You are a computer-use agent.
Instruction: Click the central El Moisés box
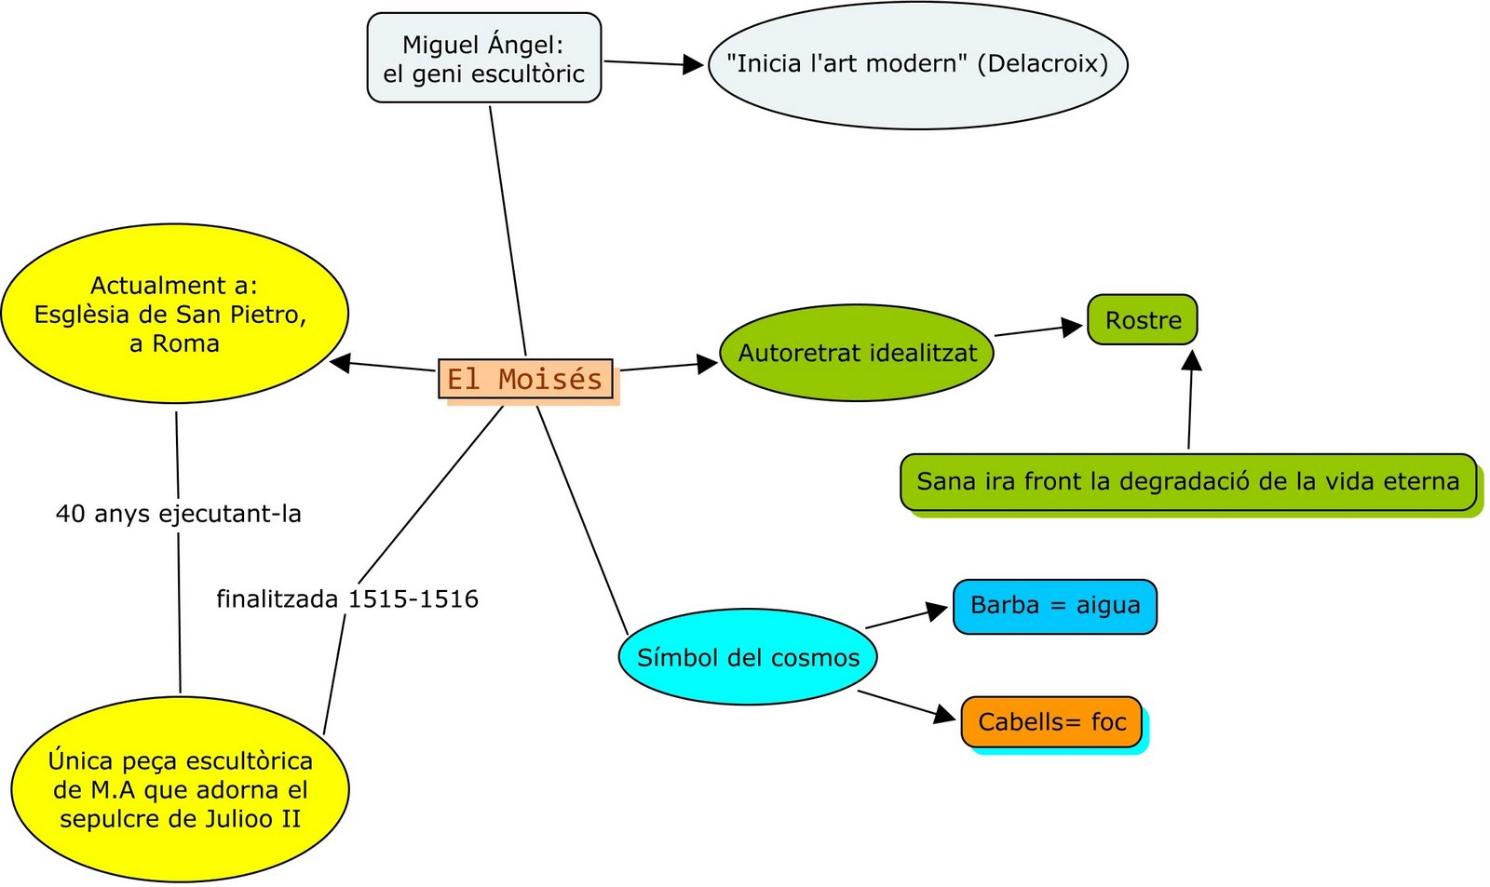tap(525, 379)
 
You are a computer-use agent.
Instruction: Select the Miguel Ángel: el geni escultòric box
tap(483, 58)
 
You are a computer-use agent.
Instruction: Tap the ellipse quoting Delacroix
tap(917, 64)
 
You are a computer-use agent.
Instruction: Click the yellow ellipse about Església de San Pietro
tap(174, 314)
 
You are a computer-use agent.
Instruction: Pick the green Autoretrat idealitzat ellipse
tap(857, 353)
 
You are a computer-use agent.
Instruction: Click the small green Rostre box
tap(1143, 320)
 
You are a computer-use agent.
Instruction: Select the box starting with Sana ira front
tap(1187, 482)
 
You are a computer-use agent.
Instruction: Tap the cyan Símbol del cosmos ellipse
tap(748, 657)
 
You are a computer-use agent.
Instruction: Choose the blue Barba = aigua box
tap(1054, 606)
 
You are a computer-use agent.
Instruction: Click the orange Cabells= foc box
tap(1051, 722)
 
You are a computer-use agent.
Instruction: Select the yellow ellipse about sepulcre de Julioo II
tap(180, 789)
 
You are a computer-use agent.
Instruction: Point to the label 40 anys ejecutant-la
tap(178, 514)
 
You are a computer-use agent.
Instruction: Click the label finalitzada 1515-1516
tap(347, 598)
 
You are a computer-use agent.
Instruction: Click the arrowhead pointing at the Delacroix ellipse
tap(694, 64)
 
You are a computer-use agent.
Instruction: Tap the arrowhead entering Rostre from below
tap(1191, 359)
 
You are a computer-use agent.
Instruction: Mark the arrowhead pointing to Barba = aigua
tap(937, 611)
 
